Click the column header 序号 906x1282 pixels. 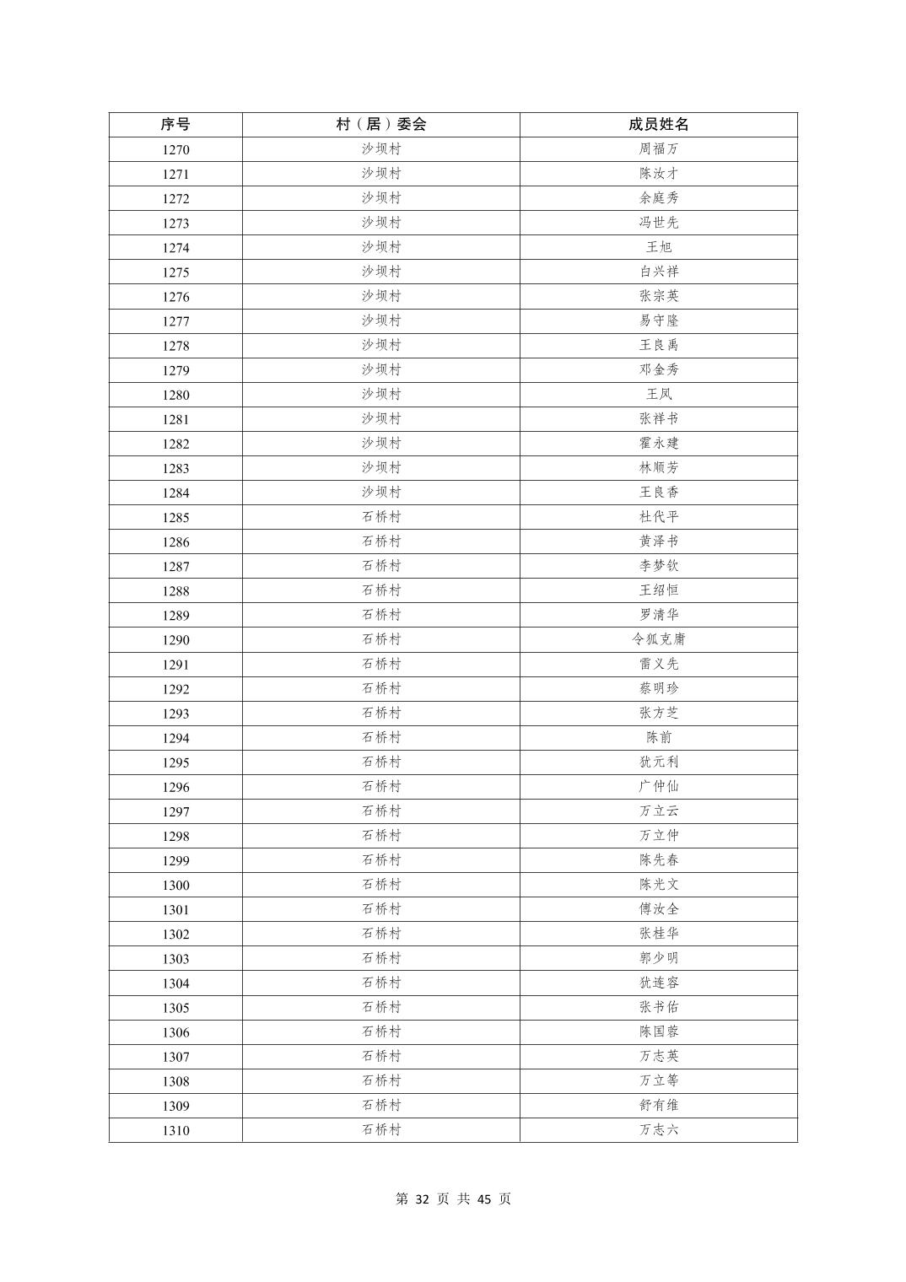(x=175, y=124)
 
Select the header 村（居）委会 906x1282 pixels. (x=381, y=124)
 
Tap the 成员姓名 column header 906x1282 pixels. (x=658, y=124)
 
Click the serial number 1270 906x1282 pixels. (x=175, y=149)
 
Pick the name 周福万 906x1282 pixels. (x=658, y=149)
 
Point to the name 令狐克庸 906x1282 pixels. (x=658, y=639)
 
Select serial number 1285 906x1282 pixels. (x=175, y=517)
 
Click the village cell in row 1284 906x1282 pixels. (x=381, y=493)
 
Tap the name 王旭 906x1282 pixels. (x=658, y=247)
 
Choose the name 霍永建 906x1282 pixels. (x=658, y=444)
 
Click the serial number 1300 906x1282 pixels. (x=175, y=885)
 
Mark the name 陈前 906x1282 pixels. (x=658, y=738)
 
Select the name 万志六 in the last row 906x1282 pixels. (x=658, y=1130)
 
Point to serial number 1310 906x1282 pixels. (x=175, y=1130)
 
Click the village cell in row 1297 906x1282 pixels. (x=381, y=811)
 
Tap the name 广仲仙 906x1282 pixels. (x=658, y=787)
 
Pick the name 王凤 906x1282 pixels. (x=658, y=395)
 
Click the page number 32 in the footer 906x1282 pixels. (x=423, y=1199)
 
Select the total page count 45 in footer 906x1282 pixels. (x=483, y=1199)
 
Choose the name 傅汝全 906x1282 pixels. (x=658, y=909)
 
